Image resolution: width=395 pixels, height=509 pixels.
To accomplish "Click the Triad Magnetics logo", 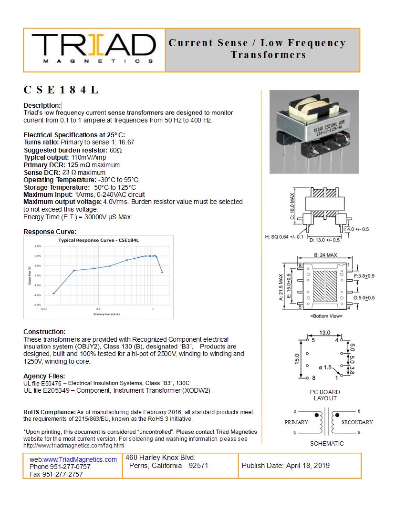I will (x=94, y=49).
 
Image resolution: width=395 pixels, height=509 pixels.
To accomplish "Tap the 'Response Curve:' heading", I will (x=50, y=232).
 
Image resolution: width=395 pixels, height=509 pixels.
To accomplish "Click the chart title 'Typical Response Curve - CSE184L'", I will (x=98, y=241).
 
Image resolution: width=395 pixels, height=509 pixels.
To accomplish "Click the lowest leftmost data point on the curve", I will (x=53, y=294).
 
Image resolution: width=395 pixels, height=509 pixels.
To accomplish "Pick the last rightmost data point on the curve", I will (x=162, y=272).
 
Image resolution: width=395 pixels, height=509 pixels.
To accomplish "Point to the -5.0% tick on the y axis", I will (x=38, y=305).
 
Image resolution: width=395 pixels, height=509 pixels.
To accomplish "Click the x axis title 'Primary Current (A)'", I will (x=106, y=314).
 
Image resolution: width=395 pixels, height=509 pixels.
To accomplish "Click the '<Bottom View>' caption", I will (x=326, y=316).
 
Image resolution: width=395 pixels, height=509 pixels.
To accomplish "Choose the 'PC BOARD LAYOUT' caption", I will (x=325, y=395).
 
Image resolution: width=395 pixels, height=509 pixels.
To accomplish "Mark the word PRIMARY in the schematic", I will (x=296, y=422).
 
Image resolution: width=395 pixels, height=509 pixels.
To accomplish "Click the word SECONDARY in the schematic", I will (x=357, y=422).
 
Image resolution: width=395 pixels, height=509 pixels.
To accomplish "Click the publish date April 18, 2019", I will (x=307, y=466).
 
